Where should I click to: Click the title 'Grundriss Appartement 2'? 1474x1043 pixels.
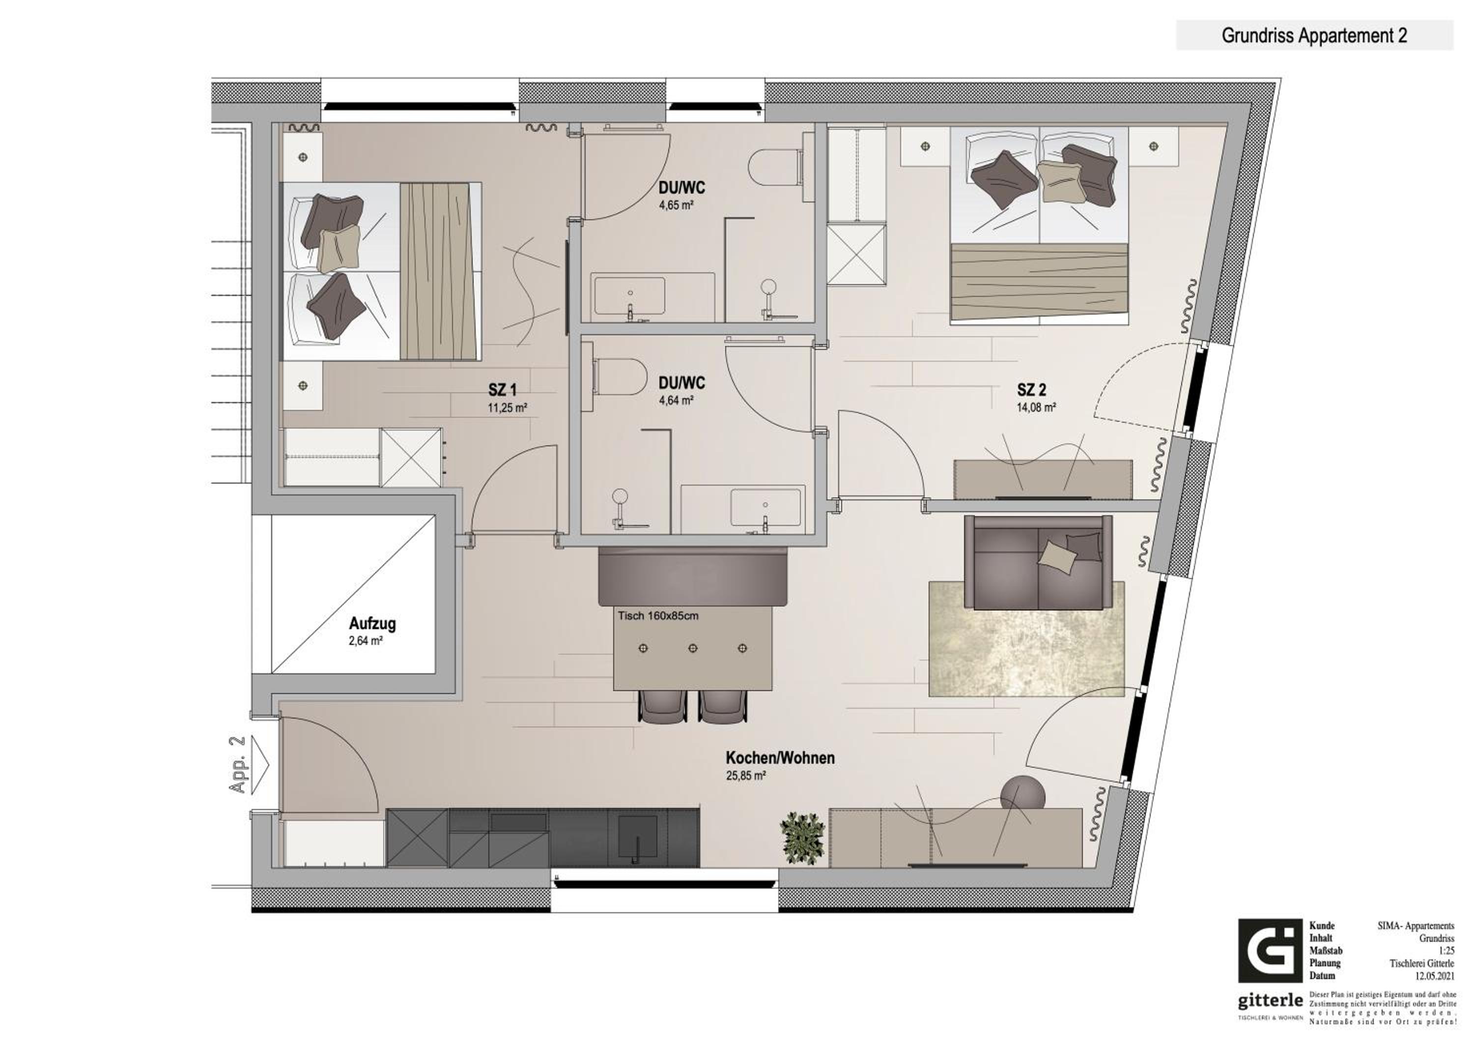tap(1314, 36)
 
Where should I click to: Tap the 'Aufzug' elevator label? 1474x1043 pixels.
tap(372, 624)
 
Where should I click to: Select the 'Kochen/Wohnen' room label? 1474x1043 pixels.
tap(780, 758)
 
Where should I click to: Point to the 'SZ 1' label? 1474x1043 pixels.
tap(502, 390)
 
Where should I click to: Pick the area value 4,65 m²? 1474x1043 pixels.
tap(676, 205)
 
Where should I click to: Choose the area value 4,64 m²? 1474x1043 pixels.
tap(676, 401)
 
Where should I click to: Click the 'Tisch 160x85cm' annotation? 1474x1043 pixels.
tap(658, 616)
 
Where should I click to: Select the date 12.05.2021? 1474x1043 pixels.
tap(1436, 976)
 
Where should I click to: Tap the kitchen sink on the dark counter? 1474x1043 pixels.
tap(637, 839)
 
